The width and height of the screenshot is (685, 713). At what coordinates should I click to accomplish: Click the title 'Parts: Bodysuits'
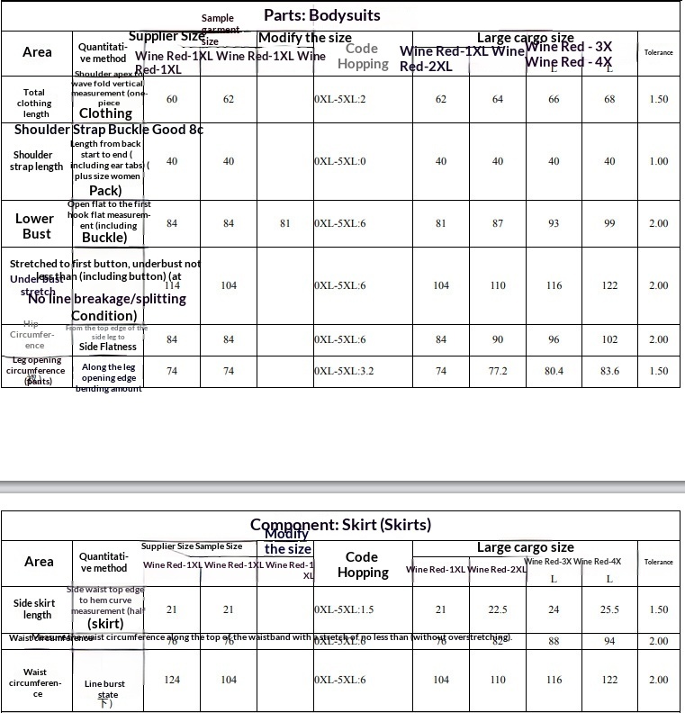321,15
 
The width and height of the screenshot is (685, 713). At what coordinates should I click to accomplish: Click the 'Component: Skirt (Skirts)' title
340,525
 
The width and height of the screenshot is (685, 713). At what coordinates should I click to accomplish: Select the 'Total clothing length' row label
36,104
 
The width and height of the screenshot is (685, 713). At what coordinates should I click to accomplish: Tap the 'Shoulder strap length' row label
36,161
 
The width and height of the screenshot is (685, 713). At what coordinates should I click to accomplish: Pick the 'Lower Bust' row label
34,226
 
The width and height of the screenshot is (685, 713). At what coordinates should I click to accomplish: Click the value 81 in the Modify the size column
285,223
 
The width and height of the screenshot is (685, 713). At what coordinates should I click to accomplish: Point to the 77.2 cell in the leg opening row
498,371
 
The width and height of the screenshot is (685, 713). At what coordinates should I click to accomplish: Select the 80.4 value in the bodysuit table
554,371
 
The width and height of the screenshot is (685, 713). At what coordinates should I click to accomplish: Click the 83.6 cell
609,371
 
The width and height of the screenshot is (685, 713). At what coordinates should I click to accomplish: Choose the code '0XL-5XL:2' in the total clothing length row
340,99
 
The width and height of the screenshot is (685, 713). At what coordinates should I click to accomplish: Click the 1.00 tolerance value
658,161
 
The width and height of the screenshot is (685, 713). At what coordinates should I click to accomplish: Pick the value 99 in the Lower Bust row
609,223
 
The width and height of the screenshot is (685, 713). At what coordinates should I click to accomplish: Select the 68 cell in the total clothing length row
609,99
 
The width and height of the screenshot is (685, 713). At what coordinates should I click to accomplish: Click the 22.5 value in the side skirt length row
498,609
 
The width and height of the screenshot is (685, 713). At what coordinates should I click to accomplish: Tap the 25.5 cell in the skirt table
609,609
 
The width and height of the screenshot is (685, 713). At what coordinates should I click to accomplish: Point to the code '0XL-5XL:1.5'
344,609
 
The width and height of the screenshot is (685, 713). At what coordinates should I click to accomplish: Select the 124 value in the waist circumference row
172,680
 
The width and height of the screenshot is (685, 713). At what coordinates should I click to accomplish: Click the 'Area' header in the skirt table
39,561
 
